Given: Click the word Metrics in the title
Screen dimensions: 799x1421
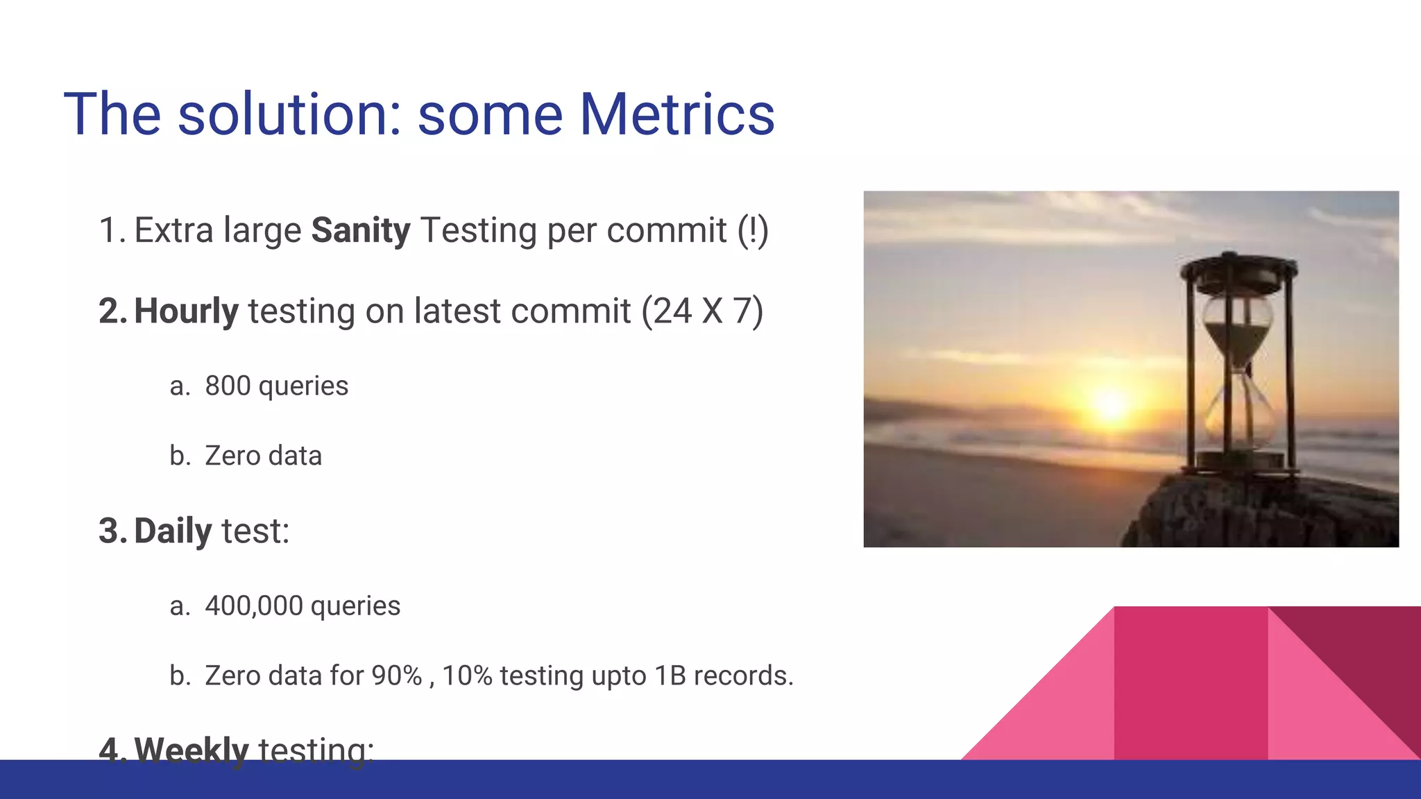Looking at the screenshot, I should (677, 114).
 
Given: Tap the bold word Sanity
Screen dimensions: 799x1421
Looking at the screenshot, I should (361, 230).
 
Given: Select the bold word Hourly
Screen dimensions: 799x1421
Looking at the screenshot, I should (186, 311).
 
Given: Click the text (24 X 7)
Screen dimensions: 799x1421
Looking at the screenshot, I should (701, 311).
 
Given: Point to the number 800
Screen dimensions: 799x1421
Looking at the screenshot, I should (228, 386).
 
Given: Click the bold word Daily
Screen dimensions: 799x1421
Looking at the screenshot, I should (173, 531).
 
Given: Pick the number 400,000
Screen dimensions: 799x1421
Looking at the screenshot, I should (253, 606).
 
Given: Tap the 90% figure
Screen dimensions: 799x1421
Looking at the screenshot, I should (396, 676).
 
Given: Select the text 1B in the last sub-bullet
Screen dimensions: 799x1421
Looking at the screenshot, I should (670, 676).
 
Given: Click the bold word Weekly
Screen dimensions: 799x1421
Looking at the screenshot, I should (192, 749).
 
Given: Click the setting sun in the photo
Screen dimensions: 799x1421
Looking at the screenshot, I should (1110, 404).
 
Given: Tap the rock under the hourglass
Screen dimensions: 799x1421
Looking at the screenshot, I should (1263, 513).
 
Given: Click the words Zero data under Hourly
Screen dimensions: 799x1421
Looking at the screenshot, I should (263, 456).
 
